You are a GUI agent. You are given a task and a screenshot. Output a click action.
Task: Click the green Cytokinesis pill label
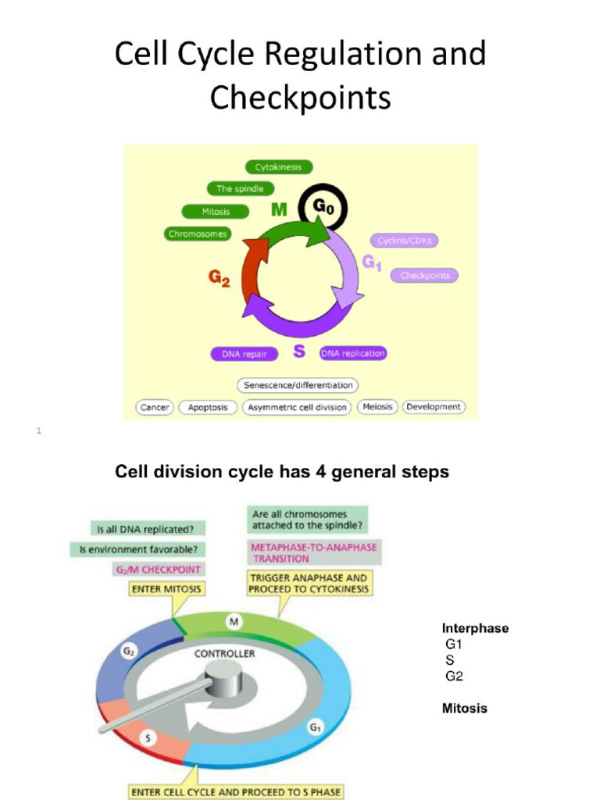pos(279,167)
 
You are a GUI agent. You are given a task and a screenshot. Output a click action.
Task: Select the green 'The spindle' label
pos(240,188)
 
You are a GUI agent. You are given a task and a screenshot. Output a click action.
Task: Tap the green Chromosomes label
pos(198,234)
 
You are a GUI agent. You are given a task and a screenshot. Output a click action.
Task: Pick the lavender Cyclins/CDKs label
pos(404,241)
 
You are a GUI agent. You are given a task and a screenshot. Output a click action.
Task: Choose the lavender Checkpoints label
pos(424,276)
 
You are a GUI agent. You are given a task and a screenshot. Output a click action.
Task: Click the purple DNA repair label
pos(245,354)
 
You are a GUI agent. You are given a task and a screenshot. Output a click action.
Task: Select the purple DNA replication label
pos(353,353)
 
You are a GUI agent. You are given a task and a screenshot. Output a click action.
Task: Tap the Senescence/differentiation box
pos(297,385)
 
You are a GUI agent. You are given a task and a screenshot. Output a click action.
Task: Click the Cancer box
pos(155,407)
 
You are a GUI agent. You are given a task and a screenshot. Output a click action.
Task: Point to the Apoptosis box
pos(208,407)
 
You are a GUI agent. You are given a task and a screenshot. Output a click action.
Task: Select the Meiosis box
pos(378,407)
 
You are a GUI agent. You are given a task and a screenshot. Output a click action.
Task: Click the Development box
pos(433,407)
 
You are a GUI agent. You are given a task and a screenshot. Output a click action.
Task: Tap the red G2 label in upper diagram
pos(219,279)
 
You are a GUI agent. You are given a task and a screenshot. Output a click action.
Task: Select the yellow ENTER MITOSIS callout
pos(166,587)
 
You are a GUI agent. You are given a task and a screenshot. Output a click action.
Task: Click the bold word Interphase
pos(475,628)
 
